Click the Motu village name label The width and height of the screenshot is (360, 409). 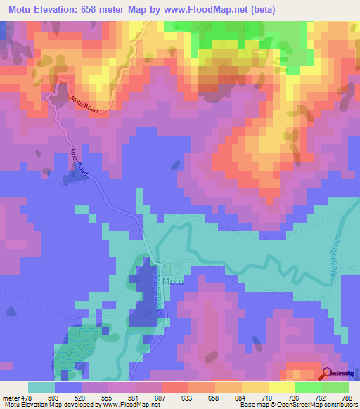pyautogui.click(x=172, y=282)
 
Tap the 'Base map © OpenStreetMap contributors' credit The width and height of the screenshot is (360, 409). pyautogui.click(x=298, y=405)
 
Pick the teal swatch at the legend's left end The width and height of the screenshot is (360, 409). pyautogui.click(x=41, y=387)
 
